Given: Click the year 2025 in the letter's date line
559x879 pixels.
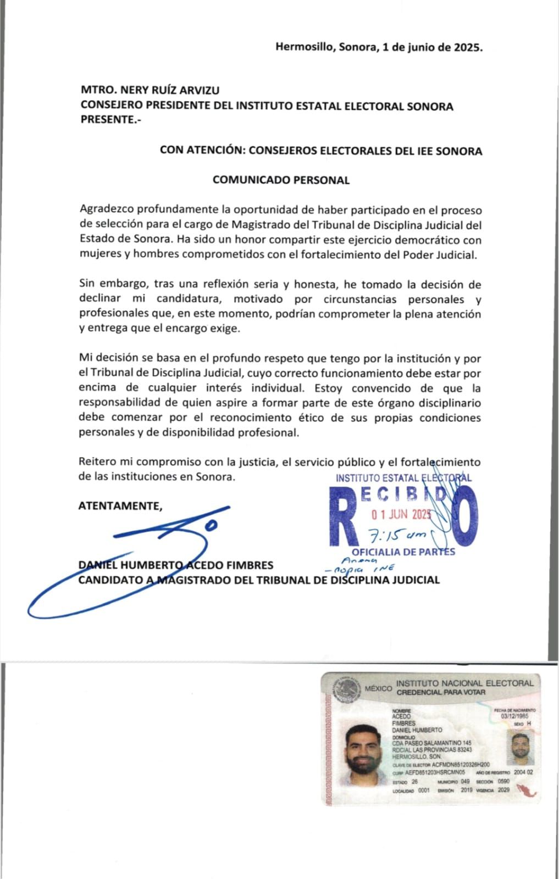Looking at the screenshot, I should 467,47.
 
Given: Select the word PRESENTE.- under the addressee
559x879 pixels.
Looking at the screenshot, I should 110,120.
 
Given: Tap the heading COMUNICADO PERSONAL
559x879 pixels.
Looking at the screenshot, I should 281,180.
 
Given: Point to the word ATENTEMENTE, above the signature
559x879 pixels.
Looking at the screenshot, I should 120,506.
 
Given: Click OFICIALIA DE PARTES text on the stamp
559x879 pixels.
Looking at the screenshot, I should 403,552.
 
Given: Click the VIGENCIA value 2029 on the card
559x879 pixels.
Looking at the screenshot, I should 503,790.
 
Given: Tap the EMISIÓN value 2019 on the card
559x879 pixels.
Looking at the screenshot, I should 466,790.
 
